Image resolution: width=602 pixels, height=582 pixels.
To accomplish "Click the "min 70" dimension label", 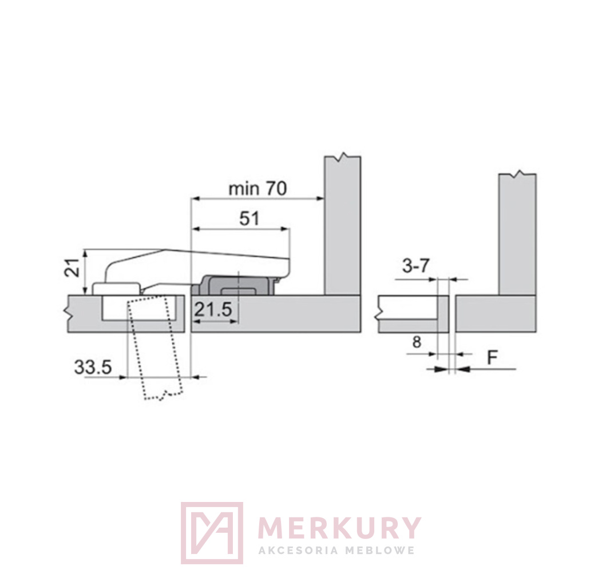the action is pyautogui.click(x=258, y=189).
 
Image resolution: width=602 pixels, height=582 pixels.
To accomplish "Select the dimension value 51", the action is pyautogui.click(x=249, y=219).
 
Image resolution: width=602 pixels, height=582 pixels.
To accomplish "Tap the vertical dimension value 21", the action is pyautogui.click(x=72, y=268).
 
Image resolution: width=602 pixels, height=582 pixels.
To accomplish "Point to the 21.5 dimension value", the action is pyautogui.click(x=213, y=309).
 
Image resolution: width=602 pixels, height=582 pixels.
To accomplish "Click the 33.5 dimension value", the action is pyautogui.click(x=93, y=367).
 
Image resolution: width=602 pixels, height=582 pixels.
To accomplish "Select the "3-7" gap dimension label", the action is pyautogui.click(x=416, y=265).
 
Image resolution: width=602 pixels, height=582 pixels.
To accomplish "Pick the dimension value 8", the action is pyautogui.click(x=417, y=341).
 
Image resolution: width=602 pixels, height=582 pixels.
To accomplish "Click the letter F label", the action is pyautogui.click(x=492, y=357).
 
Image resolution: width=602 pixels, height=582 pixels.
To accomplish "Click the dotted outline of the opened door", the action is pyautogui.click(x=155, y=347).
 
